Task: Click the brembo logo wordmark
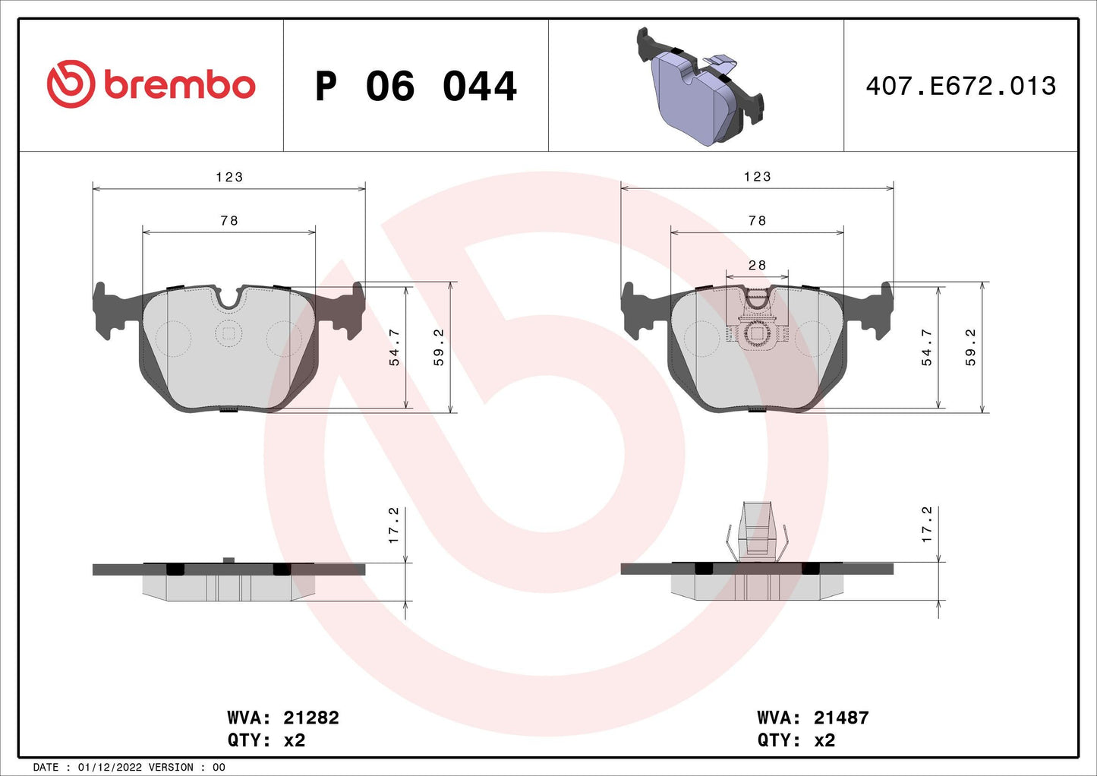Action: point(179,85)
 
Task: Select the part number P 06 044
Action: point(415,87)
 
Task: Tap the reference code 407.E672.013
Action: point(960,86)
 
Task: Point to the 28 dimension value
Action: point(757,265)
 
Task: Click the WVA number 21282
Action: point(311,718)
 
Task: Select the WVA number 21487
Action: point(840,718)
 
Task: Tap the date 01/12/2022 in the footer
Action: point(109,767)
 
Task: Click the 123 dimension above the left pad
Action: point(229,177)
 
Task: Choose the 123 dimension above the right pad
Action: point(757,177)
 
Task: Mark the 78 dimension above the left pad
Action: point(229,221)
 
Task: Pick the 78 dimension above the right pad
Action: point(757,221)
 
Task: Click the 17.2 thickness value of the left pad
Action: point(394,525)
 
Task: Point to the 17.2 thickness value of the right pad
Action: point(927,525)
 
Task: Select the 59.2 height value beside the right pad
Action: point(971,348)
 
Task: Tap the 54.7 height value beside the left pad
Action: point(395,348)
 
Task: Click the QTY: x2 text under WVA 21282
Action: point(266,740)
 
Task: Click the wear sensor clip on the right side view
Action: point(757,532)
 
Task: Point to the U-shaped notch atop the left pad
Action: point(229,298)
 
